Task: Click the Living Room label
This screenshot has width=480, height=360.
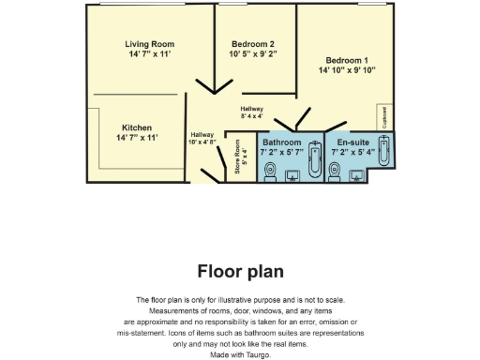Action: (x=150, y=43)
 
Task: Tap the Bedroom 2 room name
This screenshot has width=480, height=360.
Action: (x=252, y=43)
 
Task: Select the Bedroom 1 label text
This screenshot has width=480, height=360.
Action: (x=347, y=60)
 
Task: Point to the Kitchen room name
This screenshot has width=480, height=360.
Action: (x=137, y=127)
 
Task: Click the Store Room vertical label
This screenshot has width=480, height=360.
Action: (x=238, y=163)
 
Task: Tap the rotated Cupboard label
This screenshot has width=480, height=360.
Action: (x=384, y=116)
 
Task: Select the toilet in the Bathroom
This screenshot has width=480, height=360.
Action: (x=270, y=172)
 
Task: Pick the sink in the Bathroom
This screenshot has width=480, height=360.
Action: (x=291, y=174)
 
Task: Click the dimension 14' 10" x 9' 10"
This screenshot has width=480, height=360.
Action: (x=347, y=70)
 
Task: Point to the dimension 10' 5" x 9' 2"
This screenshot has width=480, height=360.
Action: (x=252, y=53)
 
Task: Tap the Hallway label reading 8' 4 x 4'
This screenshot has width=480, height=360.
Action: (x=252, y=116)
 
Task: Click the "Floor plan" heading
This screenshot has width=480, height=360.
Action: (x=240, y=271)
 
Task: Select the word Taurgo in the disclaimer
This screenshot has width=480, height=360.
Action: (x=254, y=355)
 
